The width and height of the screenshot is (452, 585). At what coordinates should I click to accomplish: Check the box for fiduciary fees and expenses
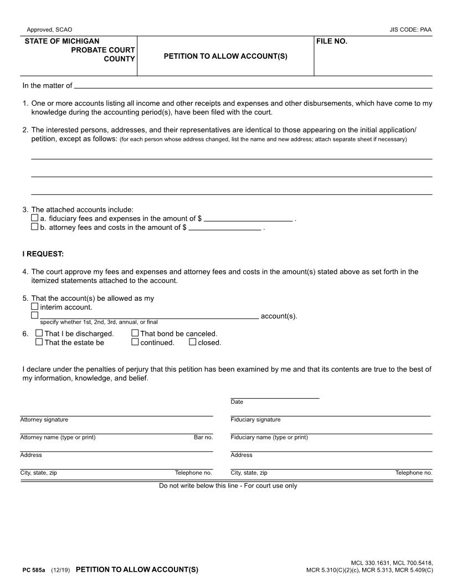tap(35, 218)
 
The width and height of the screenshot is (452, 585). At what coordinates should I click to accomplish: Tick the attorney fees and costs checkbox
tap(35, 227)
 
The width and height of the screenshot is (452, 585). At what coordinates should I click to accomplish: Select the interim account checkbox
tap(35, 306)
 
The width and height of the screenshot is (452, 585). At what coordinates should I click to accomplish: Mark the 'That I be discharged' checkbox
tap(39, 333)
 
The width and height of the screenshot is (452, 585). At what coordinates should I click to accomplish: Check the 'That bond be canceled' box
tap(135, 333)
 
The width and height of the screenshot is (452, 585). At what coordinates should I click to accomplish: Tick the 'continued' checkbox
tap(135, 342)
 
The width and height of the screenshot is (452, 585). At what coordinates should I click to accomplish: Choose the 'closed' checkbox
tap(193, 342)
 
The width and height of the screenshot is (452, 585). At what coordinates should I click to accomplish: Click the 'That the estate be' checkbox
tap(39, 342)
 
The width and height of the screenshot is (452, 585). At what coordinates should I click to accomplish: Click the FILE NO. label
tap(332, 42)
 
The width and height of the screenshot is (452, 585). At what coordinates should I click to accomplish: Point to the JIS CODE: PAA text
tap(410, 29)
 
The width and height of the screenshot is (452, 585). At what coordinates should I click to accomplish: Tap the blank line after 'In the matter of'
tap(253, 86)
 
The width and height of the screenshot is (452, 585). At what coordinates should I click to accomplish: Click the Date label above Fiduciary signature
tap(237, 402)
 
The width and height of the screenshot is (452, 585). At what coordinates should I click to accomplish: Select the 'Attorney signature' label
tap(44, 420)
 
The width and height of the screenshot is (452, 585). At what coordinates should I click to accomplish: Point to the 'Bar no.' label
tap(203, 438)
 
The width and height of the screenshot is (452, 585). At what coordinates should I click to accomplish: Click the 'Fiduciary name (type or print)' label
tap(269, 438)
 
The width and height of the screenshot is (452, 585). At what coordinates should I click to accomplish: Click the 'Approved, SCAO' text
tap(49, 29)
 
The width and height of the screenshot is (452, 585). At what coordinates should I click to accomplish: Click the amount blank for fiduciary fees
tap(248, 218)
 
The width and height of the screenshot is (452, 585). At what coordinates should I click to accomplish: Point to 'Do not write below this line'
tap(228, 486)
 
